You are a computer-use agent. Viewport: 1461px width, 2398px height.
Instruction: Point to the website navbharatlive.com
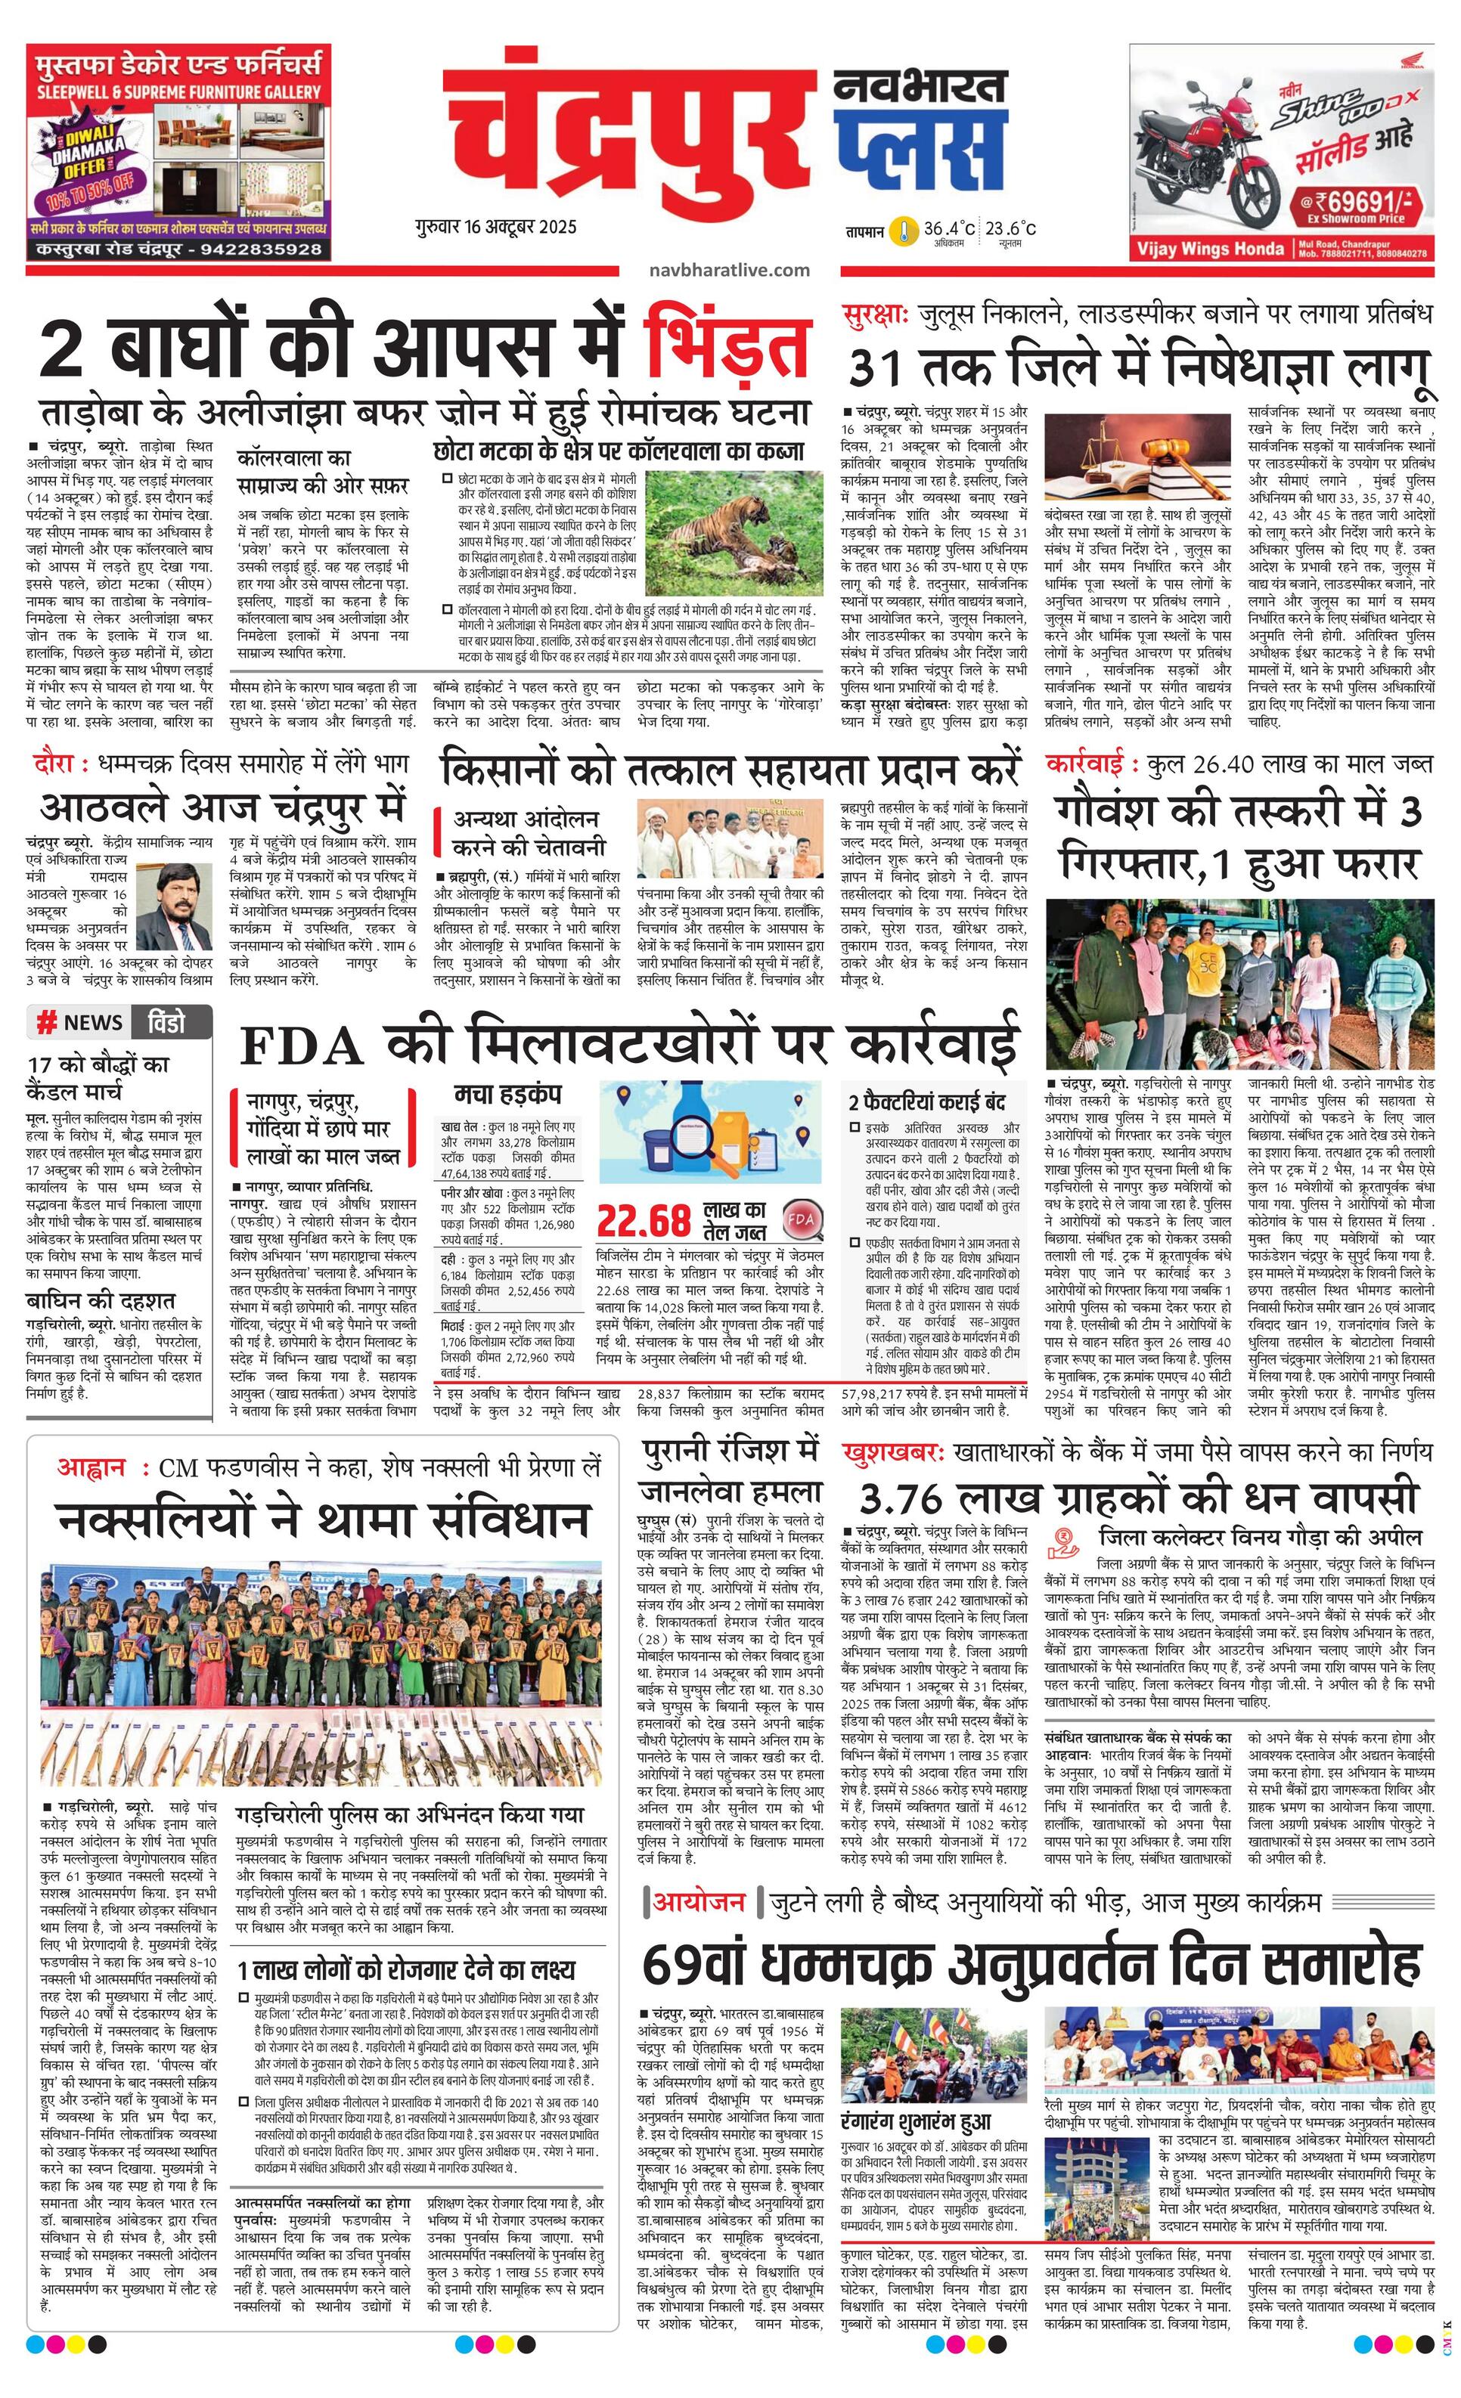pyautogui.click(x=730, y=270)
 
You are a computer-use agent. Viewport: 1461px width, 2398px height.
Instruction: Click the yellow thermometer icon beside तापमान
pyautogui.click(x=907, y=231)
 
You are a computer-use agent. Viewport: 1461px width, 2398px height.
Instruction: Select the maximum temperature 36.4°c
pyautogui.click(x=949, y=230)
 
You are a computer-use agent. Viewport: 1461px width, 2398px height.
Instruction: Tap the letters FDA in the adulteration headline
pyautogui.click(x=299, y=1046)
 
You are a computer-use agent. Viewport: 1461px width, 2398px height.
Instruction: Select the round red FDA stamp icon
pyautogui.click(x=802, y=1217)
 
